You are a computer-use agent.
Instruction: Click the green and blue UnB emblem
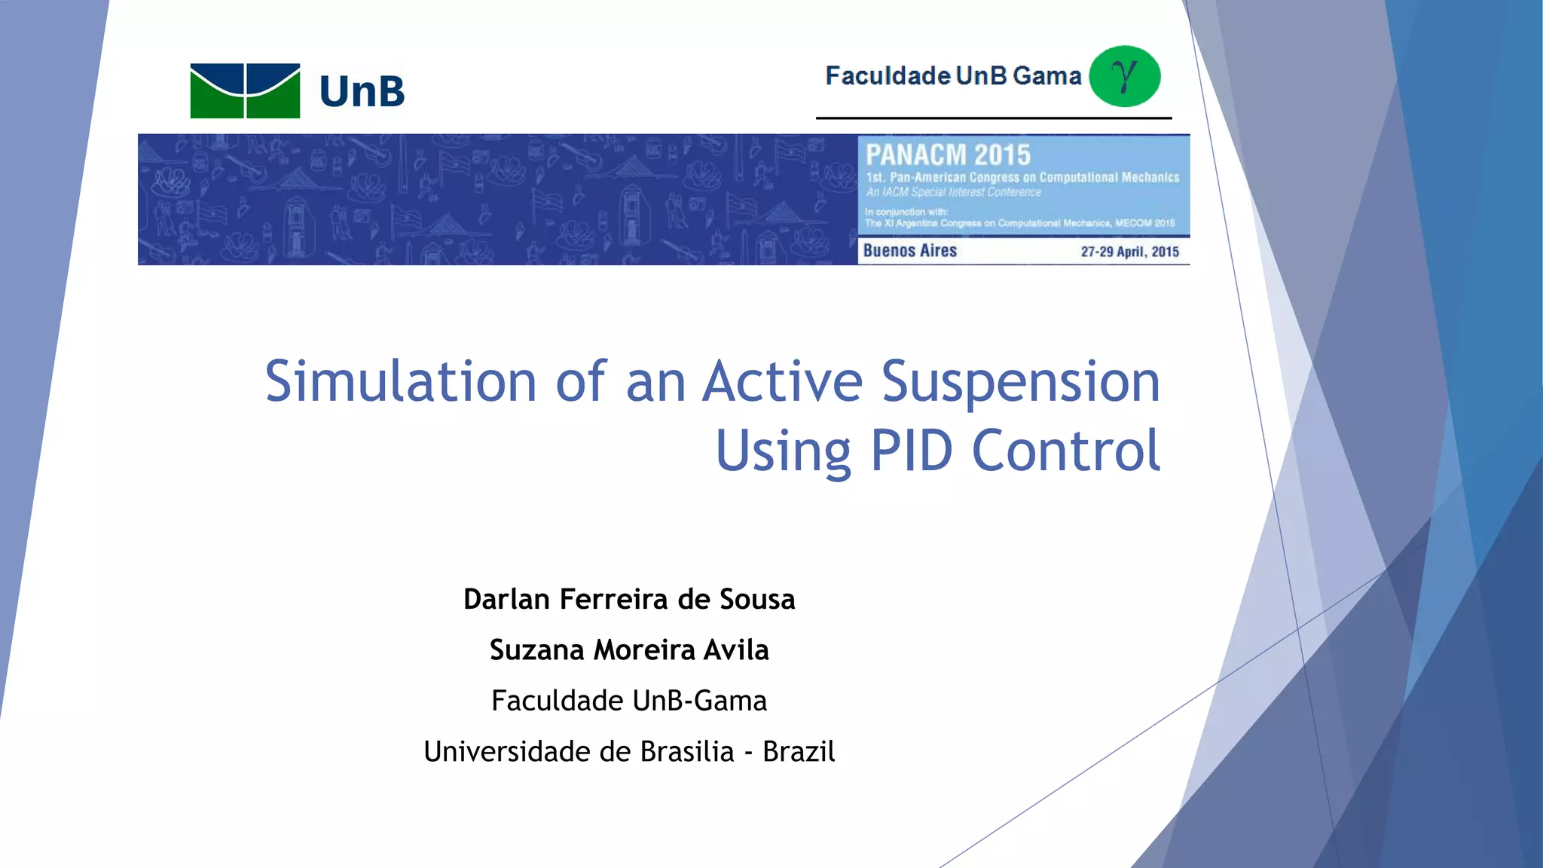click(x=245, y=90)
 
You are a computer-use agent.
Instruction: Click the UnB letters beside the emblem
click(x=362, y=91)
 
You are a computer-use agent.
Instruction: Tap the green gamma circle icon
click(x=1125, y=76)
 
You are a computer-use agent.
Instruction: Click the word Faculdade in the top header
click(x=888, y=76)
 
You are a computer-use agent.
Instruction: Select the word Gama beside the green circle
click(x=1046, y=76)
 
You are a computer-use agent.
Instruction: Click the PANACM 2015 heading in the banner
click(x=948, y=155)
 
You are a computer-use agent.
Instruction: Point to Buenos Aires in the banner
click(x=909, y=251)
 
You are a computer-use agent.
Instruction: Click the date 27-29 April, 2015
click(x=1129, y=252)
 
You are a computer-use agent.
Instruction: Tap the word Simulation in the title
click(x=400, y=381)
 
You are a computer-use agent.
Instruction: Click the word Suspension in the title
click(x=1020, y=381)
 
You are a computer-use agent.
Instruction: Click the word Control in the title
click(x=1065, y=451)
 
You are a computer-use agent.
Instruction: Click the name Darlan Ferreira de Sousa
click(x=629, y=599)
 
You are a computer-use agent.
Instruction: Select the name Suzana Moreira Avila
click(x=629, y=649)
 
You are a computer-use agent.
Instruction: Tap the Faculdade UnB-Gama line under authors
click(x=629, y=701)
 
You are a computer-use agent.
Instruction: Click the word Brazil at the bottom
click(x=799, y=751)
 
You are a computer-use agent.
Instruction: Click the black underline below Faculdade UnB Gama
click(x=993, y=118)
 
